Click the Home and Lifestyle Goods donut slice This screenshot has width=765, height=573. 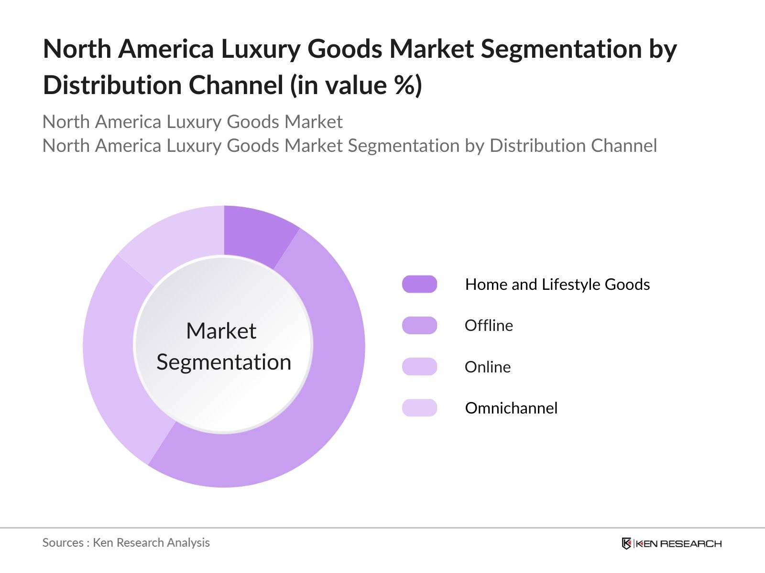[x=255, y=233]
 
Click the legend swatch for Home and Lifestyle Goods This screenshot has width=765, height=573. [x=419, y=284]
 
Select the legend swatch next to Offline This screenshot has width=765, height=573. [x=419, y=325]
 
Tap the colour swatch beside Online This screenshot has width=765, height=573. [x=419, y=367]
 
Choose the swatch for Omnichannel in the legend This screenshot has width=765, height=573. [x=419, y=408]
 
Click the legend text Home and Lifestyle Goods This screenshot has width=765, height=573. [x=557, y=284]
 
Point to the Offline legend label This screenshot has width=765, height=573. [x=489, y=325]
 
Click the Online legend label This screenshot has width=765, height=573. [x=487, y=367]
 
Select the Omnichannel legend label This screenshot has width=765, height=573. [x=511, y=408]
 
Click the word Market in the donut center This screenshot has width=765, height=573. [x=221, y=330]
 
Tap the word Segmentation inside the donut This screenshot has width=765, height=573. [x=224, y=362]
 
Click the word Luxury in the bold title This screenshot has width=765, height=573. [x=261, y=49]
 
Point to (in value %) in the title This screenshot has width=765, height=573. [x=356, y=85]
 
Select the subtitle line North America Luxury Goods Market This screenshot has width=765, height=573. [x=192, y=122]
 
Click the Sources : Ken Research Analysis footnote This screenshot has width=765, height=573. [x=126, y=542]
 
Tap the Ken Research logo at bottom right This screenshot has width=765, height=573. [x=671, y=543]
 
